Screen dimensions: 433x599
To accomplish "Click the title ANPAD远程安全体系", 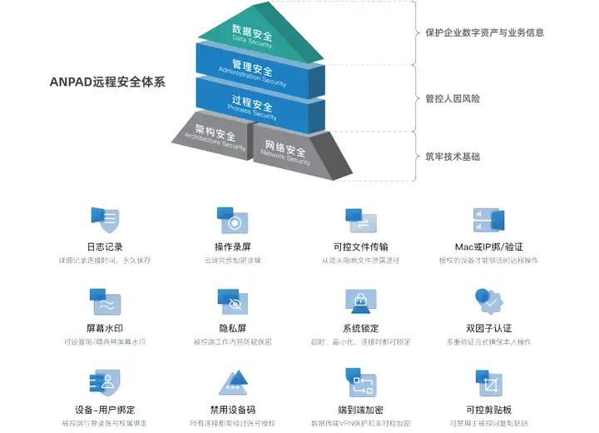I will pyautogui.click(x=106, y=82).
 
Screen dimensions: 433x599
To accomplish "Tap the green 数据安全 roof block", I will pyautogui.click(x=254, y=35).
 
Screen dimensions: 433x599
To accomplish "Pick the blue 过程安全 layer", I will pyautogui.click(x=252, y=104).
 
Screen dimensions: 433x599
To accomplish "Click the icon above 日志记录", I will pyautogui.click(x=105, y=220).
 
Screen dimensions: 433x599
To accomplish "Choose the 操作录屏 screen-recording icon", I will pyautogui.click(x=233, y=221).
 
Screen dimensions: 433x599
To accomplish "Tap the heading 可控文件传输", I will pyautogui.click(x=359, y=247).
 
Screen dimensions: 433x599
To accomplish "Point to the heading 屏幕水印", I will pyautogui.click(x=105, y=329).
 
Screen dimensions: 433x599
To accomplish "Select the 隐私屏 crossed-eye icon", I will pyautogui.click(x=233, y=301).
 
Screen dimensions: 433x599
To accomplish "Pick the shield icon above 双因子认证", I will pyautogui.click(x=488, y=301).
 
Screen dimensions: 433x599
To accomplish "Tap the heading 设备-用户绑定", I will pyautogui.click(x=105, y=410).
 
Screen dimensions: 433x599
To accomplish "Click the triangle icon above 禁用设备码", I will pyautogui.click(x=232, y=383).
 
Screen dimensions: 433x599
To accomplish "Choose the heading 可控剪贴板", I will pyautogui.click(x=488, y=410).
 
